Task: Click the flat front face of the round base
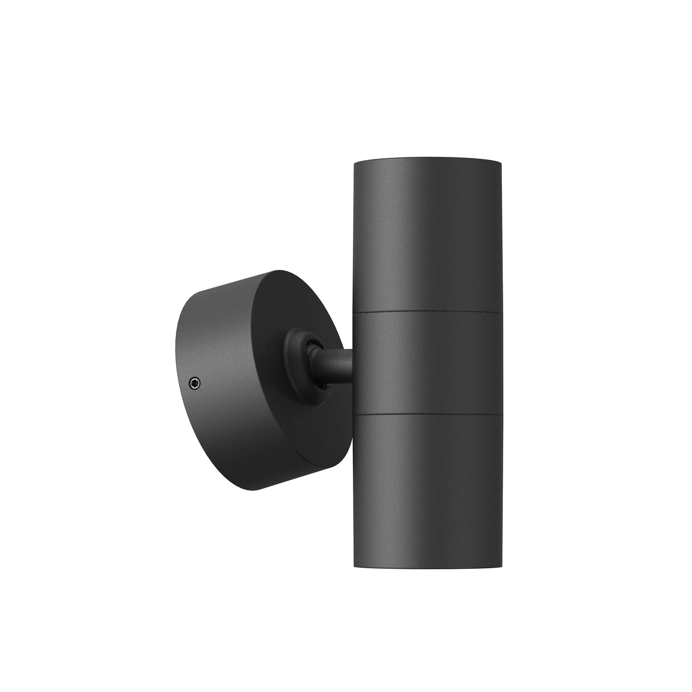coord(295,406)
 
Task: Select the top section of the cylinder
coord(427,235)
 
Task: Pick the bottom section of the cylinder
coord(427,475)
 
